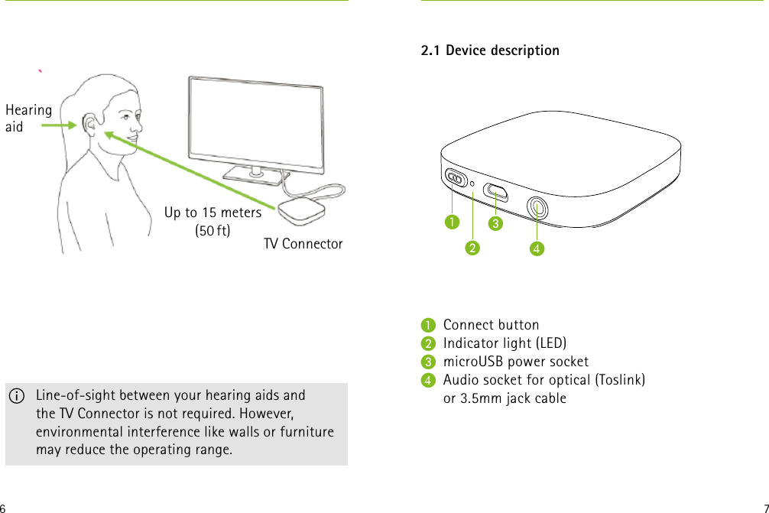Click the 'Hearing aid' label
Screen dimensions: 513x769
point(28,118)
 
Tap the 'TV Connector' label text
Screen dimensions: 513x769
point(303,244)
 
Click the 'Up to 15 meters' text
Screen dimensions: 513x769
point(213,212)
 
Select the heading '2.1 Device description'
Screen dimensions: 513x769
point(490,50)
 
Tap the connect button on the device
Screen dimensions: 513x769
point(456,178)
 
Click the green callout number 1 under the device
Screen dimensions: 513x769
point(453,222)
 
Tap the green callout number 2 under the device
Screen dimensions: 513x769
point(473,248)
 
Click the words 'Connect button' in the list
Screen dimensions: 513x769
point(491,325)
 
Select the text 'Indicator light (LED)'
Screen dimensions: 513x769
point(505,343)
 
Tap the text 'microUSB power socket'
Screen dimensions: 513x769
point(515,362)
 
